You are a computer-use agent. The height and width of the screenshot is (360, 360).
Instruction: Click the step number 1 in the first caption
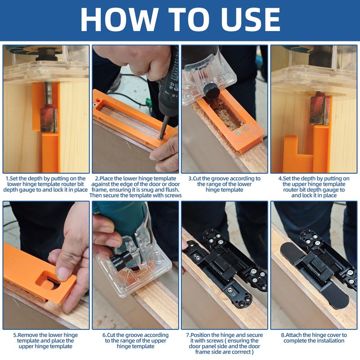point(7,179)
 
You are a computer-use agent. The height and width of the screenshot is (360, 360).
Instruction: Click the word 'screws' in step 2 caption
point(171,196)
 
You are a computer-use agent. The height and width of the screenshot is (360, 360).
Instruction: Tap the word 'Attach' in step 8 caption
point(295,335)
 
